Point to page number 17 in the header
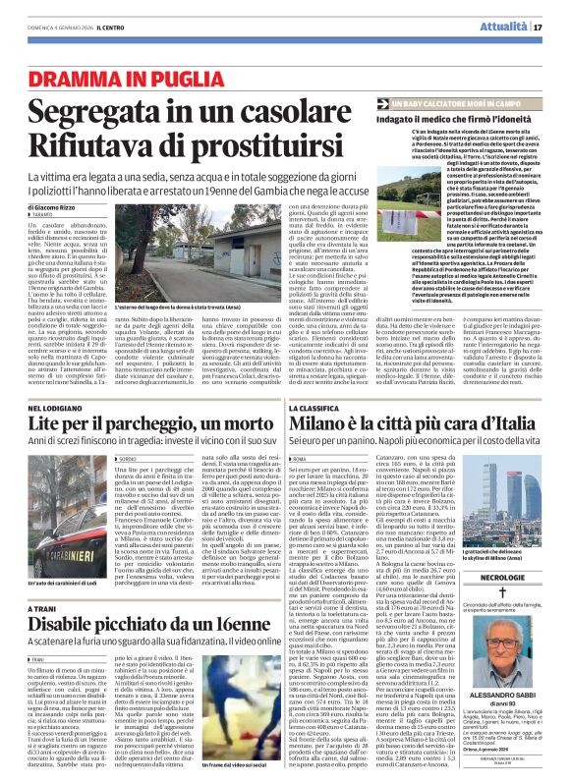click(539, 27)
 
